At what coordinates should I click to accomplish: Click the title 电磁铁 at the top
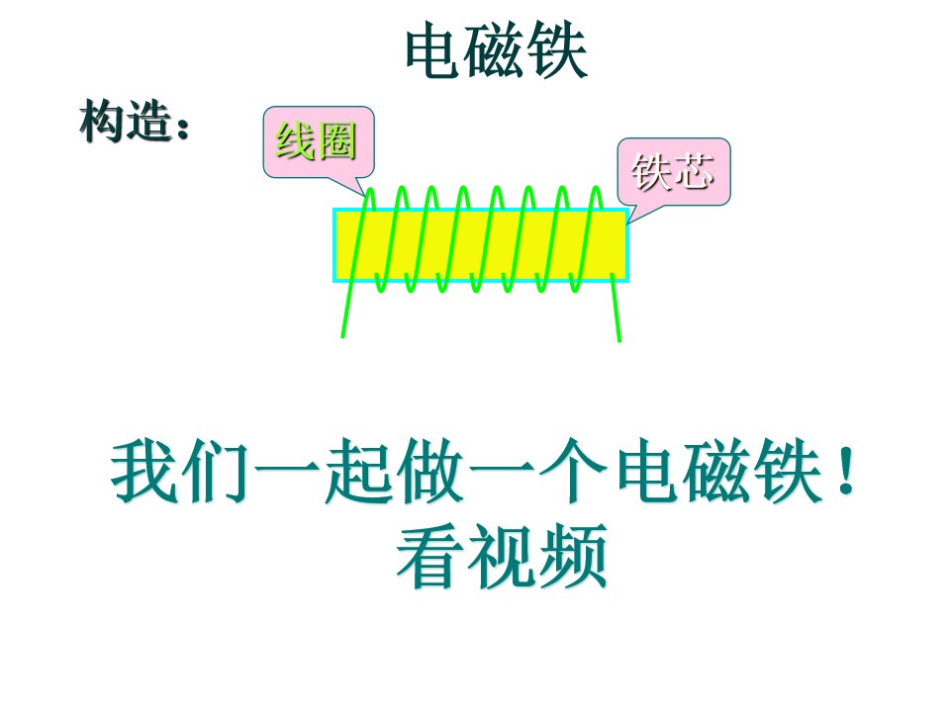click(x=496, y=50)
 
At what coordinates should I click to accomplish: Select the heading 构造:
click(x=134, y=122)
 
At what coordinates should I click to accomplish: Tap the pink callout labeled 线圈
click(x=319, y=142)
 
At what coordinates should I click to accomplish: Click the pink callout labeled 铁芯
click(x=674, y=172)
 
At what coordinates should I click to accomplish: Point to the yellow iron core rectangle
click(x=481, y=245)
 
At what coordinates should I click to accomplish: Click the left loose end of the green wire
click(x=343, y=336)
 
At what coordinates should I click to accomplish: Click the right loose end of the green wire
click(x=618, y=340)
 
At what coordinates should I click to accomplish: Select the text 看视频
click(x=503, y=557)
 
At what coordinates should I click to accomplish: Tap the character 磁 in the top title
click(x=496, y=50)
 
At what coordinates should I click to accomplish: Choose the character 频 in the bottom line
click(x=574, y=557)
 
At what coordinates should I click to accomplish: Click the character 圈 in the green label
click(x=336, y=141)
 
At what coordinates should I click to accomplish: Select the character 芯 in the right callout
click(x=695, y=172)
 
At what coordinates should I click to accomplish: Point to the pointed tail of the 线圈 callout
click(x=366, y=196)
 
